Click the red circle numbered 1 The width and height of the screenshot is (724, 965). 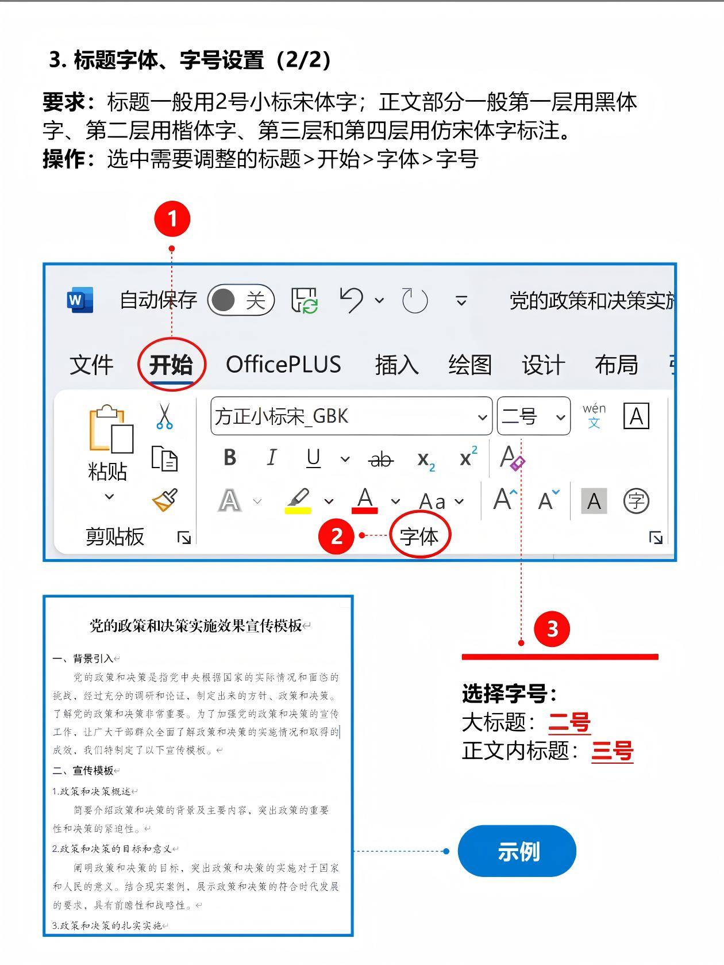(x=172, y=219)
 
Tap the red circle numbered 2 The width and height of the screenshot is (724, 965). (x=336, y=536)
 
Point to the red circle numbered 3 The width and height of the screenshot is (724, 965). (x=552, y=629)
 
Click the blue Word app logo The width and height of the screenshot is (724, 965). (x=80, y=300)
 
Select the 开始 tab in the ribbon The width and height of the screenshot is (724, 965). (x=171, y=365)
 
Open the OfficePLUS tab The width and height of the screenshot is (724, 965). (x=283, y=365)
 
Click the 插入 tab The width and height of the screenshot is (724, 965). (x=396, y=365)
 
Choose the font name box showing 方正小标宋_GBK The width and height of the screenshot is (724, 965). (x=351, y=416)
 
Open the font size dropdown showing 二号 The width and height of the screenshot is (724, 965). (x=534, y=416)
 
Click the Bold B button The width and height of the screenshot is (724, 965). (x=230, y=458)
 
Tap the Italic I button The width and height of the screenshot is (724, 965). (x=272, y=458)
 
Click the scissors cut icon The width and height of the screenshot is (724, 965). (x=164, y=416)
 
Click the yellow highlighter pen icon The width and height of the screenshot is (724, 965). (x=298, y=501)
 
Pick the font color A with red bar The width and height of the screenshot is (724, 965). (x=365, y=500)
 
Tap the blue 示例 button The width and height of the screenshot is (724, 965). (x=517, y=851)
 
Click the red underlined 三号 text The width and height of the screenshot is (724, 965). (x=613, y=751)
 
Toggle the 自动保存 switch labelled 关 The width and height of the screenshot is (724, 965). (x=241, y=300)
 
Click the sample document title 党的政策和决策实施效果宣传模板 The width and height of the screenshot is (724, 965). (x=196, y=625)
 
